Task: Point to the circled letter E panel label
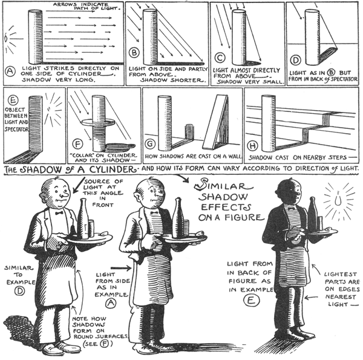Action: tap(11, 99)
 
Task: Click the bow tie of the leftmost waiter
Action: tap(59, 212)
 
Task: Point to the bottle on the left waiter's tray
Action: tap(83, 218)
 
